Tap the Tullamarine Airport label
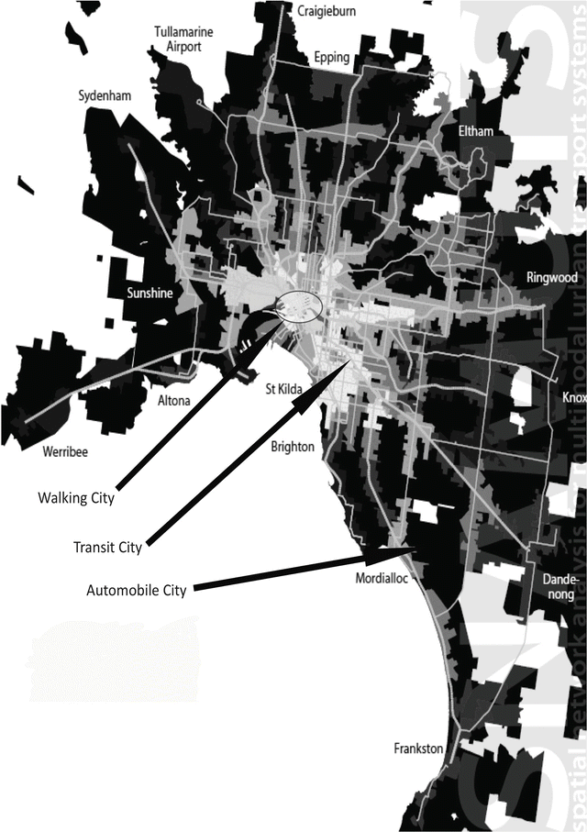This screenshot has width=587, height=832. pos(183,39)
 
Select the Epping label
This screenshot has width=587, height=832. pos(331,58)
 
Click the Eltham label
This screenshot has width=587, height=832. pos(475,132)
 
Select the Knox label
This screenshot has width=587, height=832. pos(573,398)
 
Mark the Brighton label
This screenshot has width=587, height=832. pos(292,447)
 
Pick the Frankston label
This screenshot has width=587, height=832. pos(418,749)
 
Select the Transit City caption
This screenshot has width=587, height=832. pos(107,548)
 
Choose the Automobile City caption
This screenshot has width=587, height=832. pos(136,590)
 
